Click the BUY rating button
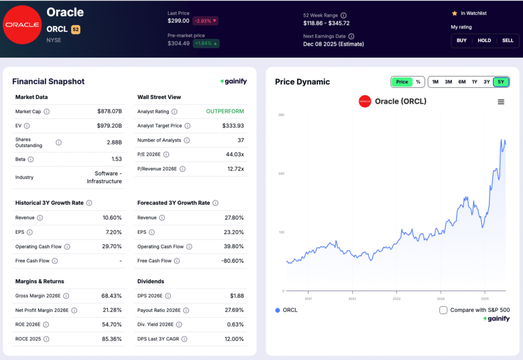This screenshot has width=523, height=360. (x=461, y=40)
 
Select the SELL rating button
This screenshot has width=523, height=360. (x=507, y=40)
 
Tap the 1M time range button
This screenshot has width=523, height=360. (x=435, y=82)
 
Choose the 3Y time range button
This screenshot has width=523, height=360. (x=487, y=82)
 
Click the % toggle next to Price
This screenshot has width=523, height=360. (x=418, y=82)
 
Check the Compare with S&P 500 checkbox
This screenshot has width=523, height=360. (x=443, y=310)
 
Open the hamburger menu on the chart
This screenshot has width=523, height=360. (x=501, y=102)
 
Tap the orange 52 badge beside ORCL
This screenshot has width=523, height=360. (x=76, y=30)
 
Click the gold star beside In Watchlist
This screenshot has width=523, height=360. (x=454, y=13)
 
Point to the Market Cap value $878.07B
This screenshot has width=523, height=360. (x=109, y=111)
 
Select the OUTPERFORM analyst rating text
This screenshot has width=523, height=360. (x=225, y=111)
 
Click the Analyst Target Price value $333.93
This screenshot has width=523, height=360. (x=233, y=126)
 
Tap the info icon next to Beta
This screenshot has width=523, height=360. (x=31, y=159)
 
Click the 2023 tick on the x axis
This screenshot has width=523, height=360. (x=397, y=299)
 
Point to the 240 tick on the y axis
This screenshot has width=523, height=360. (x=280, y=174)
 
